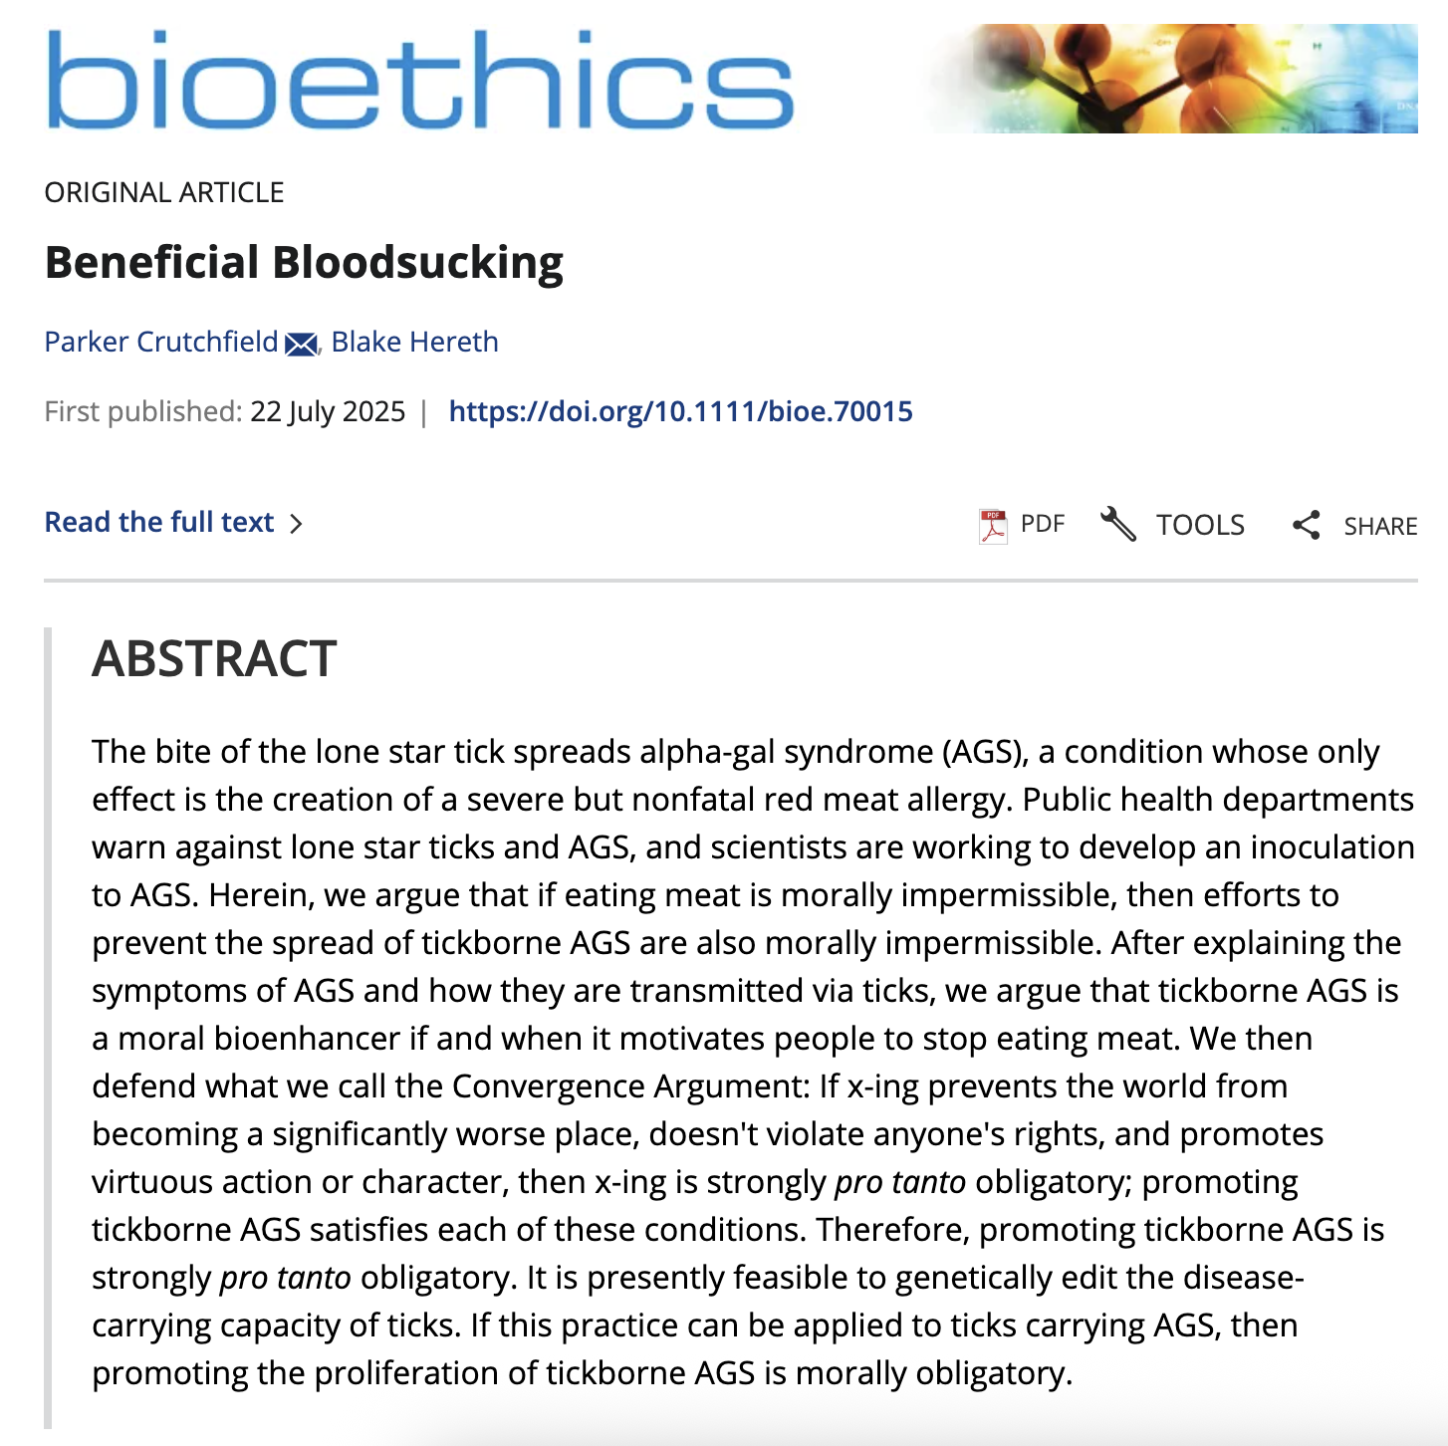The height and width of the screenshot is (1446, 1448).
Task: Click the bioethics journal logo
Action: coord(419,80)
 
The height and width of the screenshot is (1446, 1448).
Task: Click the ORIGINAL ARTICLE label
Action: coord(164,192)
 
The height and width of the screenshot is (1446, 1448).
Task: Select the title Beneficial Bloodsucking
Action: coord(304,263)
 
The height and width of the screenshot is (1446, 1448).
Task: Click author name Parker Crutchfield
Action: coord(161,342)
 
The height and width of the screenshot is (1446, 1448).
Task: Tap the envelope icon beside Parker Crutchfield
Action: coord(301,345)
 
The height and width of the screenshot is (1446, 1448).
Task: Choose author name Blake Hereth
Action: coord(414,342)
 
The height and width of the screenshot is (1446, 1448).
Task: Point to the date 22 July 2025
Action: coord(328,411)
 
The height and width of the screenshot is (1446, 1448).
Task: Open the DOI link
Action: coord(680,411)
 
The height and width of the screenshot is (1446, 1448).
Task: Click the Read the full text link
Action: coord(159,522)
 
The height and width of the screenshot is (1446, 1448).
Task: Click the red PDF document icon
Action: coord(993,525)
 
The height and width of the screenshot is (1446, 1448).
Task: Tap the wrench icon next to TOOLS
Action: coord(1118,524)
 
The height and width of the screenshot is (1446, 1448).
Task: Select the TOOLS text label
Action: coord(1200,525)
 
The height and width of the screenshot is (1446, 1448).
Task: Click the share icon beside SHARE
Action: coord(1306,525)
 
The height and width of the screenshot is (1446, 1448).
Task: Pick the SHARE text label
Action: coord(1380,526)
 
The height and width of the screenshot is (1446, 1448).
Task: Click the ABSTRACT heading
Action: coord(214,659)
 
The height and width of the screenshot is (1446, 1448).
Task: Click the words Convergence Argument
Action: coord(630,1086)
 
